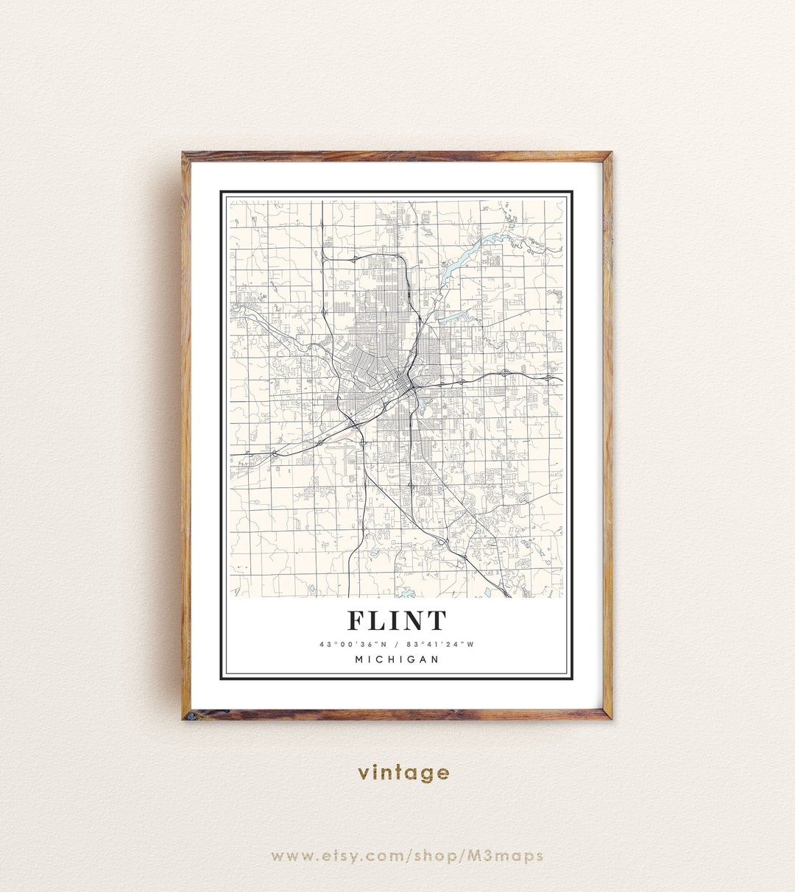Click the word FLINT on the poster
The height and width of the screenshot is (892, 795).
tap(397, 621)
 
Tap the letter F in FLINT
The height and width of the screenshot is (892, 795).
tap(357, 621)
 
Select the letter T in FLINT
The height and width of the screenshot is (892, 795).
tap(437, 621)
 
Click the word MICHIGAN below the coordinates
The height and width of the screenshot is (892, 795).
tap(397, 659)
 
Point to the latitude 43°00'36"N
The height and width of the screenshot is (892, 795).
tap(351, 645)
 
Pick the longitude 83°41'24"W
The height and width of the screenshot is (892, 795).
tap(439, 645)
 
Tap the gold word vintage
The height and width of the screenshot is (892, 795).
tap(403, 773)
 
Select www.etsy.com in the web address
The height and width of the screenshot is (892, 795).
tap(323, 855)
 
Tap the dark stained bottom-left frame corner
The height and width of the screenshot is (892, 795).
tap(187, 715)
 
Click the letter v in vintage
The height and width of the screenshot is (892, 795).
tap(364, 773)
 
